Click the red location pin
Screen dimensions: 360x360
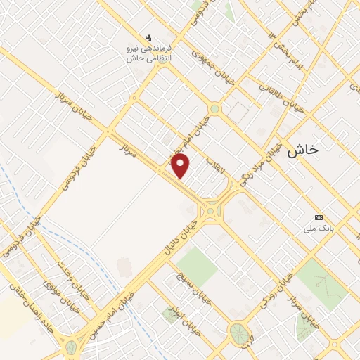click(x=181, y=165)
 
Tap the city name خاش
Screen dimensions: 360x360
click(x=304, y=149)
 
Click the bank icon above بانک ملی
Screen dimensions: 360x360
click(x=319, y=217)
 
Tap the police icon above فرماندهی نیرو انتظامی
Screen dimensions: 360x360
click(x=148, y=37)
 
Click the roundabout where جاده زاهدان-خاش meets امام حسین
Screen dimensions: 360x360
click(x=71, y=347)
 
